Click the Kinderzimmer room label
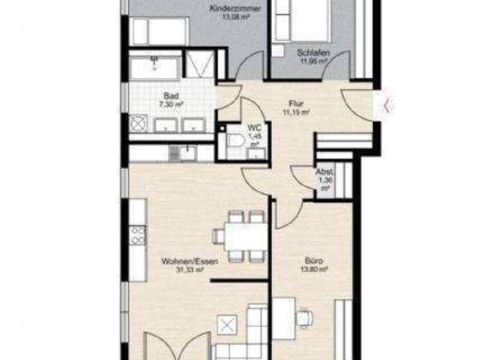coord(231,8)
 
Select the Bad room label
coord(152,96)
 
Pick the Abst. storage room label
coord(324,172)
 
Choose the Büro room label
coord(313,262)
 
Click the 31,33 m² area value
coord(190,271)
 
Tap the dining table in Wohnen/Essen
coord(245,237)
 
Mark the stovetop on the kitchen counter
coord(137,235)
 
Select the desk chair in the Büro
coord(305,317)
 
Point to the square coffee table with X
coord(227,325)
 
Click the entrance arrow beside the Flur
coord(386,105)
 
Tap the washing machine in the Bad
coord(139,123)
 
